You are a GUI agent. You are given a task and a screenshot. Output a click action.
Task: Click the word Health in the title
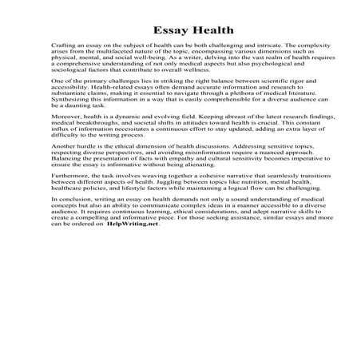209,31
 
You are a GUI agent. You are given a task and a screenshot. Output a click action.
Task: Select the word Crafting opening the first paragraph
63,49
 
